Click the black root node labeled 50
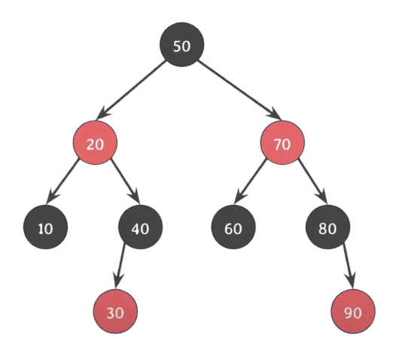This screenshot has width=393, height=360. [182, 44]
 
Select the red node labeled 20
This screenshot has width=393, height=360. [95, 142]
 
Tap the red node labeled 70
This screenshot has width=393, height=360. [282, 142]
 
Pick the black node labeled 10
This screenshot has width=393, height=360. [46, 227]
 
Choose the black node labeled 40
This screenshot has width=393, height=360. [141, 227]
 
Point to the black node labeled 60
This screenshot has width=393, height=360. [233, 227]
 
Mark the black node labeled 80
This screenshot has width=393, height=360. [327, 227]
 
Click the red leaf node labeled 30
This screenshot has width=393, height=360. [115, 312]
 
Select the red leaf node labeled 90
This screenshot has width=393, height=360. [353, 312]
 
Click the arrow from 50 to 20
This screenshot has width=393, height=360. [131, 90]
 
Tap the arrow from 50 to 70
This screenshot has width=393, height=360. [239, 90]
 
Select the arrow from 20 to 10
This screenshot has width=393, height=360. [62, 181]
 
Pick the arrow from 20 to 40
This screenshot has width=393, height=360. [125, 181]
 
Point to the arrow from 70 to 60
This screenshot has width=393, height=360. [250, 182]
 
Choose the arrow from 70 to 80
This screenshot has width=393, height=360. [312, 181]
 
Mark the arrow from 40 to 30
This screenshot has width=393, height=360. [120, 266]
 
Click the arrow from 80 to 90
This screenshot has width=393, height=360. [349, 266]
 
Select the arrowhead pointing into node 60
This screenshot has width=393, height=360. [239, 197]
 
